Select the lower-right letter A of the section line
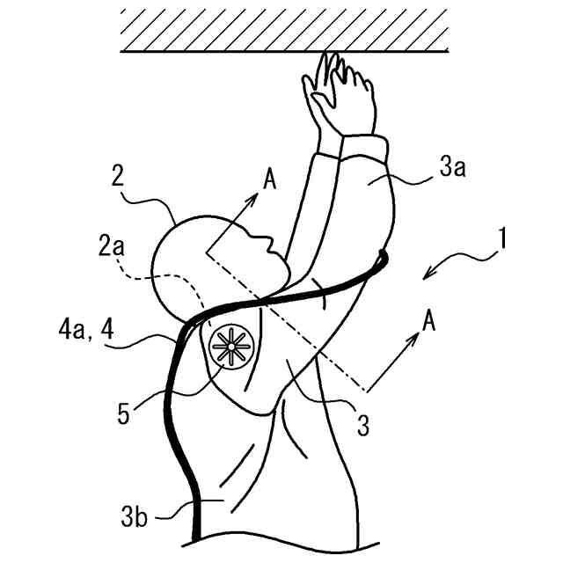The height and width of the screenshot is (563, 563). click(x=428, y=323)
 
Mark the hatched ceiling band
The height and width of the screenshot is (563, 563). click(x=287, y=30)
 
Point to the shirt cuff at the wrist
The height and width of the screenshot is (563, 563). click(x=356, y=146)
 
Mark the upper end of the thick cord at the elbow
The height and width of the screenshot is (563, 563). click(x=383, y=255)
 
